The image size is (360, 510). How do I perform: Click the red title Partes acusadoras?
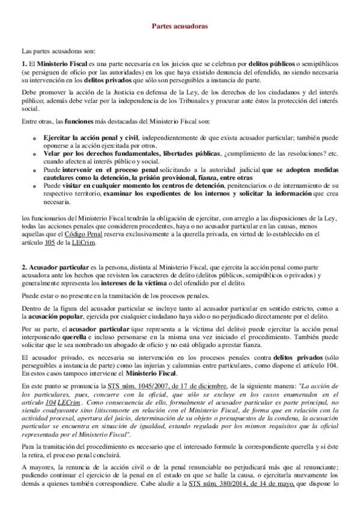[180, 27]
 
